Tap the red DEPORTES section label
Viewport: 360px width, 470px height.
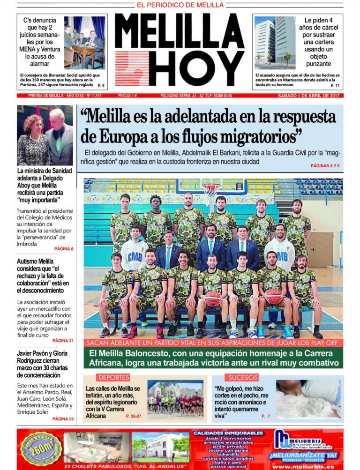point(113,377)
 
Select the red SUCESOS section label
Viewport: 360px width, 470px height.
point(243,377)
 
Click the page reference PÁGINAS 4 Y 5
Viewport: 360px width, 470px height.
point(325,166)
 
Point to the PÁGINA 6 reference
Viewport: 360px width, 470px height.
point(64,248)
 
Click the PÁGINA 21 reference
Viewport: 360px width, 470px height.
point(63,341)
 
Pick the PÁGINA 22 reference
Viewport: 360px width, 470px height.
point(63,418)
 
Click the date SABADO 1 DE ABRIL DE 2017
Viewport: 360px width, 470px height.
point(307,96)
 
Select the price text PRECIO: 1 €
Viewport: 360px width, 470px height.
point(127,96)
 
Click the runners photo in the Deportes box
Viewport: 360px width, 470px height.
point(175,400)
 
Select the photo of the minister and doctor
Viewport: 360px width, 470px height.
point(45,135)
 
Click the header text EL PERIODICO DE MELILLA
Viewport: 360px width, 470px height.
point(180,5)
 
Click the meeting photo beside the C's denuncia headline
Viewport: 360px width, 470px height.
point(84,42)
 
